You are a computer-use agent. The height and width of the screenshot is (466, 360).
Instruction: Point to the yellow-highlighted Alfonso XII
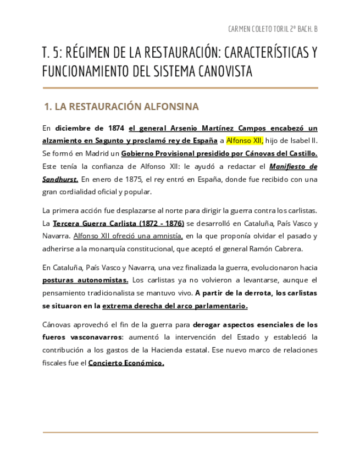coord(245,141)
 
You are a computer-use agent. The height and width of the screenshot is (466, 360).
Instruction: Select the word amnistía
coord(164,236)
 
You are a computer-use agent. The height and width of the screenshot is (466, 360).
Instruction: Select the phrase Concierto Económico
coord(126,363)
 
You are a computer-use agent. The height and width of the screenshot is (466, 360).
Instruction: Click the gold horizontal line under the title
coord(180,88)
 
